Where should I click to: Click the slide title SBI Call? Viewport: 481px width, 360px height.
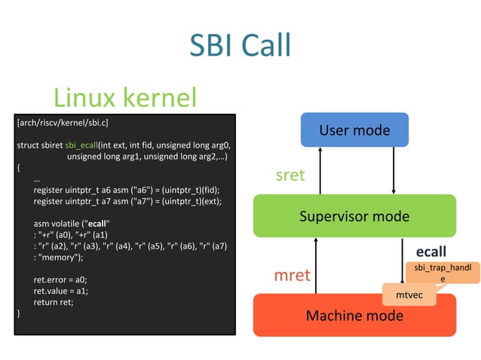point(240,45)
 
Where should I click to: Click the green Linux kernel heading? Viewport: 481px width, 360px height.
point(125,96)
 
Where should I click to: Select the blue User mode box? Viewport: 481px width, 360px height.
point(354,130)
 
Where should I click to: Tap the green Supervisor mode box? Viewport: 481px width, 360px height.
point(354,216)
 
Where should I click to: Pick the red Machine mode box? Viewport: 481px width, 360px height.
point(354,315)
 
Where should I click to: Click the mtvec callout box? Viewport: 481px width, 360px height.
point(409,295)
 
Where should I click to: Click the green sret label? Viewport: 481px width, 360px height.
point(291,175)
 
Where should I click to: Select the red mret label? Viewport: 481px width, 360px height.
point(291,275)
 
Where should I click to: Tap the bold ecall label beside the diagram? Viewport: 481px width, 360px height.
point(431,251)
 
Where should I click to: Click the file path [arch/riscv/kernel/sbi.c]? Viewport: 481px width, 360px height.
point(63,122)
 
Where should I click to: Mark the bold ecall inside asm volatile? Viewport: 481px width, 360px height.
point(99,224)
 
